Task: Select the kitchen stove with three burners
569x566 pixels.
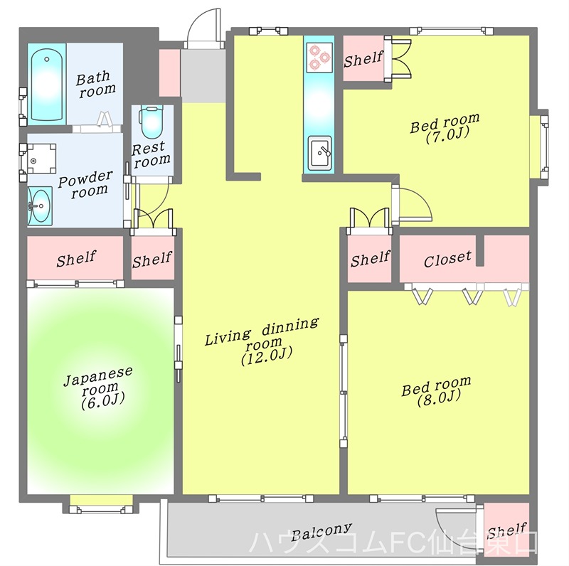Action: (x=319, y=58)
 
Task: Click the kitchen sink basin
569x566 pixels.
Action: (x=319, y=152)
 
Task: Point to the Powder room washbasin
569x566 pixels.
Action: (x=40, y=205)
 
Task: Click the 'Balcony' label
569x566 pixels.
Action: (x=321, y=531)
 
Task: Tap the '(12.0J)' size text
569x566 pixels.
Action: (x=267, y=356)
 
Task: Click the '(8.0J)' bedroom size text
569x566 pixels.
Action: (x=439, y=397)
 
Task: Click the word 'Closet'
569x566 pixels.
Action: (x=447, y=259)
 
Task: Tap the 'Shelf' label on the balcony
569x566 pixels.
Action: (x=506, y=531)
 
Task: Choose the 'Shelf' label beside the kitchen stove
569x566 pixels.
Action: (x=363, y=59)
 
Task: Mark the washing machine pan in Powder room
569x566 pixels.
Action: (x=42, y=159)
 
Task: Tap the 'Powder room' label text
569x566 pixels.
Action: (x=85, y=184)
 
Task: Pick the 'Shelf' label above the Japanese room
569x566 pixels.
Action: (x=76, y=258)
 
